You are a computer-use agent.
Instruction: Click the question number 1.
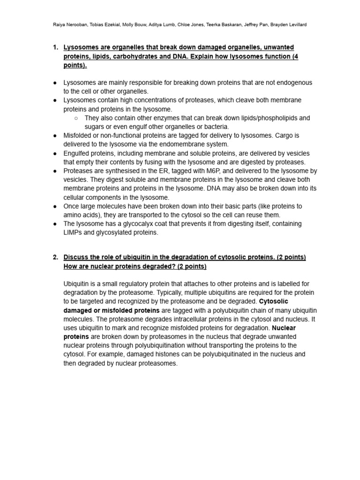[x=55, y=47]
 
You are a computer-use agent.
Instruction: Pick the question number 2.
[x=55, y=257]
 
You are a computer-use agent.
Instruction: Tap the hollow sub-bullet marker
[x=76, y=118]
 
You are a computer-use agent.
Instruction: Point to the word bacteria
[x=215, y=127]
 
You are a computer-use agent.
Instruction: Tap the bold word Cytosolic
[x=275, y=301]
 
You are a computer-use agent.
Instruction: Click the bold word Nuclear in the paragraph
[x=284, y=328]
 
